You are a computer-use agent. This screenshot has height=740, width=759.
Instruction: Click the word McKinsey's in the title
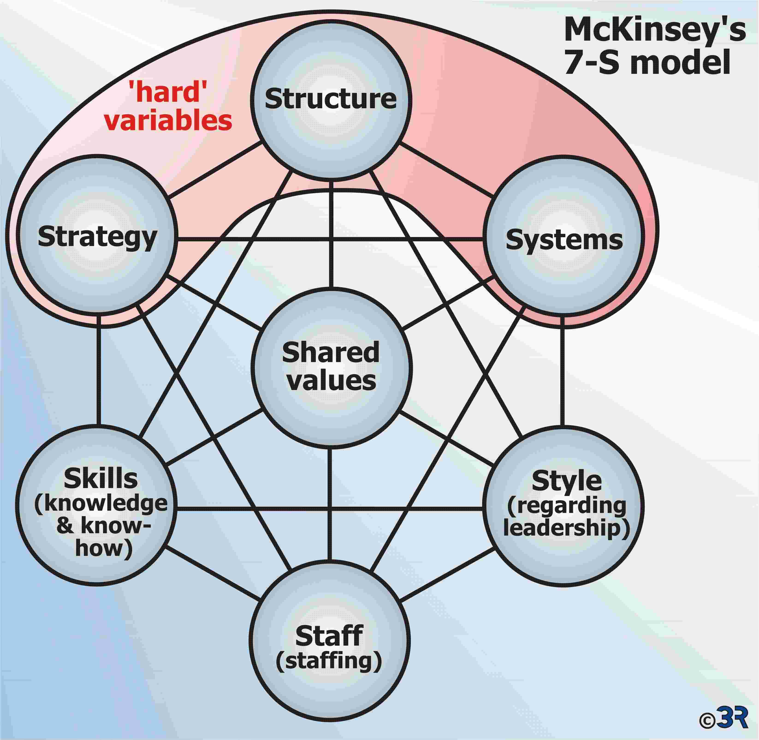[x=655, y=30]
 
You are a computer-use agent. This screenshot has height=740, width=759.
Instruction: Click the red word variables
[x=168, y=120]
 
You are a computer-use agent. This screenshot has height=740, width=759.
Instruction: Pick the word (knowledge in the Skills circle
[x=101, y=504]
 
